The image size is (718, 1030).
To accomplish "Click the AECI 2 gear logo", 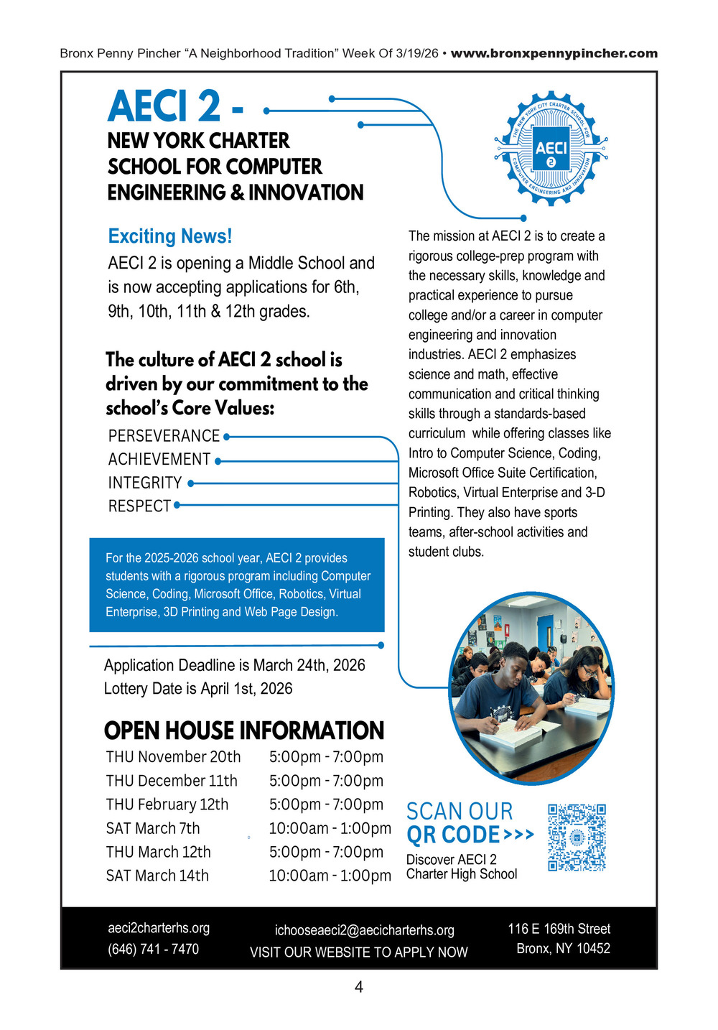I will [x=551, y=149].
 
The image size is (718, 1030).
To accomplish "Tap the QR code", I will [x=577, y=838].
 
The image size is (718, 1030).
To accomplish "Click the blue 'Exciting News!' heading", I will [x=170, y=236].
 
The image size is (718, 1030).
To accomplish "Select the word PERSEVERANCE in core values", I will [x=164, y=436].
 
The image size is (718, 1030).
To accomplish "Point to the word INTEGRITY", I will [x=145, y=483].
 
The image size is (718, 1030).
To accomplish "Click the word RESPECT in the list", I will [x=139, y=506].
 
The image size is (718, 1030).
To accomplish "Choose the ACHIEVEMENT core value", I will [x=159, y=459].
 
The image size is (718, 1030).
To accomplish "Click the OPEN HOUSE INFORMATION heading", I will [x=244, y=730].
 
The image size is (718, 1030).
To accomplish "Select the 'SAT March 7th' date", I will [x=153, y=828].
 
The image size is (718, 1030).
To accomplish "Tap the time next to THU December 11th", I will [x=326, y=781].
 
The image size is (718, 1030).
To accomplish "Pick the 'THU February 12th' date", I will [x=167, y=804].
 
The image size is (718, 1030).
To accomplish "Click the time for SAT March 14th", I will [x=330, y=876].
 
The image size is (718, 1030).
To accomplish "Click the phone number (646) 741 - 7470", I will [x=153, y=949].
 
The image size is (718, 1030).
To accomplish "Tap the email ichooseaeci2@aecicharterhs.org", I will [x=365, y=930].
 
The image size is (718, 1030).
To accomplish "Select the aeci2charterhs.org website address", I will [x=159, y=927].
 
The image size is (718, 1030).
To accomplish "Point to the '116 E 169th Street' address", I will [x=559, y=929].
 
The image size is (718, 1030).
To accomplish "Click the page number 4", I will [x=359, y=987].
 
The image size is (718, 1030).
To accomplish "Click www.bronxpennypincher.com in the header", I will [x=554, y=53].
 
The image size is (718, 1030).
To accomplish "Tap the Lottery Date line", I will [x=198, y=689].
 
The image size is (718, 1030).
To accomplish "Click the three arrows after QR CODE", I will [x=519, y=835].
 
